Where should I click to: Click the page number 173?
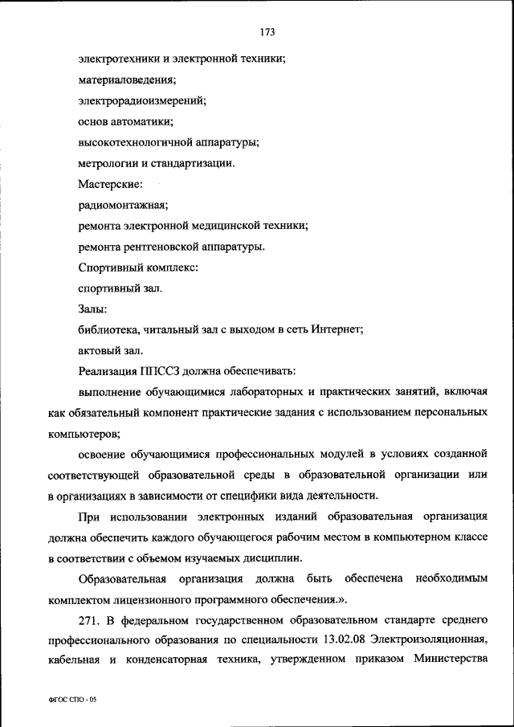[267, 32]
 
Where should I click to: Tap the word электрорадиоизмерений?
[142, 100]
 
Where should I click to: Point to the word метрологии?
[109, 163]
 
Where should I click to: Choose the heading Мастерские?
[110, 184]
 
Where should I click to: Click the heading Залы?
[93, 308]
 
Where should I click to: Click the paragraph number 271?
[89, 620]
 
